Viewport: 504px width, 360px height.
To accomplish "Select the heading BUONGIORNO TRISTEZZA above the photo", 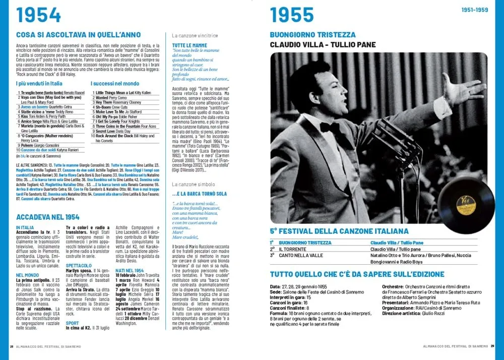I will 312,35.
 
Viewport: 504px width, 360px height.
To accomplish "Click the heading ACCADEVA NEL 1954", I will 47,217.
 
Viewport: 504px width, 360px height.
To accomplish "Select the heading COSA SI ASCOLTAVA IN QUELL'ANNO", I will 78,35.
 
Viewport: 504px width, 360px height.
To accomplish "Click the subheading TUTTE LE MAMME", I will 186,45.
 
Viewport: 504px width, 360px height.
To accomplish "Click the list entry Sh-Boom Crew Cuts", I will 111,107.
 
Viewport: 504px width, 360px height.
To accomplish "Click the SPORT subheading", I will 72,323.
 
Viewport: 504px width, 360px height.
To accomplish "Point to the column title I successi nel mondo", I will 115,83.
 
